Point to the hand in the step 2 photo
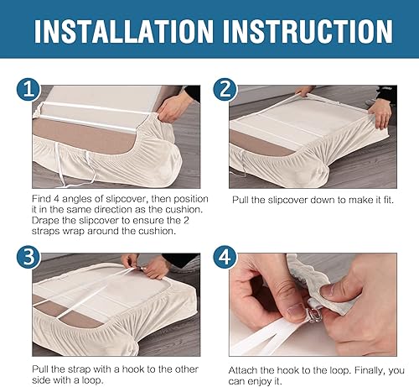point(380,109)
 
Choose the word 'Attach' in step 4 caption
point(244,369)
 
